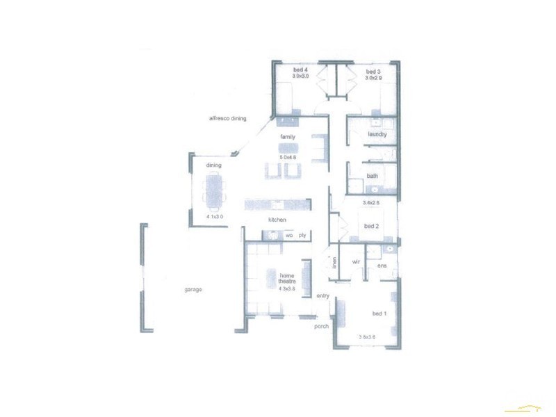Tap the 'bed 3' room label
coord(373,71)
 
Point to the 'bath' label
coord(372,176)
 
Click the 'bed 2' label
coord(372,227)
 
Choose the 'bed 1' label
coord(380,313)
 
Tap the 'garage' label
coord(193,289)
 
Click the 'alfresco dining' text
coord(227,119)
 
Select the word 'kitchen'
coord(278,220)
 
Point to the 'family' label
coord(288,137)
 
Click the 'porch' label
coord(321,326)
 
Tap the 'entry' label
coord(323,296)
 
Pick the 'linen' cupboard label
coord(334,263)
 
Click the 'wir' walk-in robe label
coord(355,261)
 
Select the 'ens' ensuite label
coord(382,266)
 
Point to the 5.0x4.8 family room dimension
coord(288,157)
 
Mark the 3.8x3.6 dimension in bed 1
coord(367,337)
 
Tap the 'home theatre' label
coord(287,279)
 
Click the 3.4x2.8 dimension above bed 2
coord(371,203)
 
